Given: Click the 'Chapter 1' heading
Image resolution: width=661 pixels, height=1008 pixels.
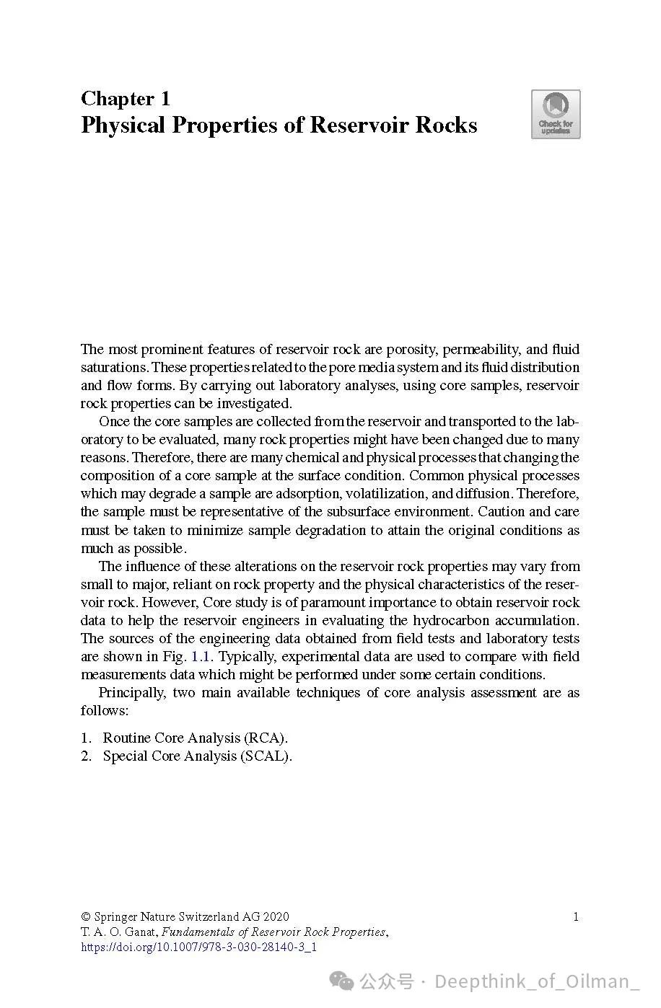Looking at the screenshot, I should point(125,98).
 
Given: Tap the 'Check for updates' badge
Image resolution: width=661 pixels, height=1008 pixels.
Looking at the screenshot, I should point(556,114).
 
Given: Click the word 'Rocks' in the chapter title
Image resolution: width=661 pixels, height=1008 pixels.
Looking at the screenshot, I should point(445,125).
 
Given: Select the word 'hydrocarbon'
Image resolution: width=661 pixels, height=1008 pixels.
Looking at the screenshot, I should point(450,621).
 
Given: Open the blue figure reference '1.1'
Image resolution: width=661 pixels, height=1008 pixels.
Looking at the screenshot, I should point(201,657).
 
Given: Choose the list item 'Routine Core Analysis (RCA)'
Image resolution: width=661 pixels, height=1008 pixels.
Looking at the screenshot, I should point(195,738).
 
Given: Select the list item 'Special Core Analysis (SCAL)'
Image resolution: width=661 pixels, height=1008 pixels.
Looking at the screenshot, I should point(197,756).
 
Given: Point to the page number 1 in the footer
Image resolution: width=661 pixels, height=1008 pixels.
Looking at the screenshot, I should point(575,917).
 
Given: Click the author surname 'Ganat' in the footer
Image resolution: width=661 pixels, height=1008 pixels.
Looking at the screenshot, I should point(140,932).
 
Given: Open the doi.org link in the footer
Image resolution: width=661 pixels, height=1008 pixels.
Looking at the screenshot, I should point(198,947).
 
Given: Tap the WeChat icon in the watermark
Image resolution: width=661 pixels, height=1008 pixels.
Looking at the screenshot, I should point(343,981).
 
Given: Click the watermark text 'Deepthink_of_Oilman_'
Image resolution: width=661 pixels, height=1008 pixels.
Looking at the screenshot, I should point(537,982).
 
